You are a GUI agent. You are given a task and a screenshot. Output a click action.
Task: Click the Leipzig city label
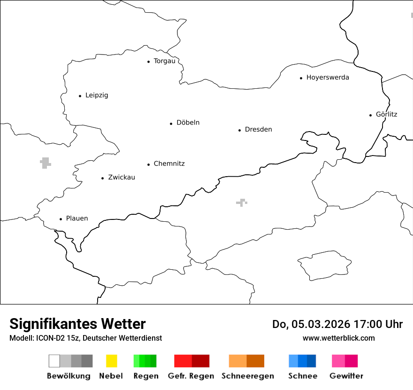coord(97,95)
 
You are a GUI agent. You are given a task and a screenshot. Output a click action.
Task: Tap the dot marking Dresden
coord(239,130)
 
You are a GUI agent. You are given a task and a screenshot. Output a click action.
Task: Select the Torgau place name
coord(164,61)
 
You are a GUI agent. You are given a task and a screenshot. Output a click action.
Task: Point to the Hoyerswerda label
coord(328,78)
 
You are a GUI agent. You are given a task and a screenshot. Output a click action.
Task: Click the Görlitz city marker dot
coord(371,115)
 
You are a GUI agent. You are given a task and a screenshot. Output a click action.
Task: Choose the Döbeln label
coord(188,123)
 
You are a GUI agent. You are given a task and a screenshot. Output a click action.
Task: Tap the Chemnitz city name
coord(169,164)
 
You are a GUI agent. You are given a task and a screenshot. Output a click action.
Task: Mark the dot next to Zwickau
coord(102,178)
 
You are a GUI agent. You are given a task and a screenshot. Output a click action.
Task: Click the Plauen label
coord(77,218)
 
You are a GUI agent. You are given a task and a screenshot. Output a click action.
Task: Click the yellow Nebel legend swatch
coord(111,361)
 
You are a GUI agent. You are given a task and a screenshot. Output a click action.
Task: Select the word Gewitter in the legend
coord(346,376)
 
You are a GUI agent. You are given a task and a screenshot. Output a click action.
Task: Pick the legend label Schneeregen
coord(248,376)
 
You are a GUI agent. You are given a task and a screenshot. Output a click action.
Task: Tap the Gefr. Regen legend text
coord(191,376)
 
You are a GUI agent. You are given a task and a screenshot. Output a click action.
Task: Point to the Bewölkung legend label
coord(69,376)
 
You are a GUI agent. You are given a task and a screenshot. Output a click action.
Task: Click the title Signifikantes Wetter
coord(77,324)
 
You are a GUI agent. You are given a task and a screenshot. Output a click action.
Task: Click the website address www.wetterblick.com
coord(338,338)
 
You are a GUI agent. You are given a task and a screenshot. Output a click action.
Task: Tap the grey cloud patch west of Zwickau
coord(45,163)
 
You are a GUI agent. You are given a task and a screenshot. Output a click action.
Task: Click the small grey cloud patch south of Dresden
coord(242,203)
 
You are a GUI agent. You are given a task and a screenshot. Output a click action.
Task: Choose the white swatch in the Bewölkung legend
coord(54,361)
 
